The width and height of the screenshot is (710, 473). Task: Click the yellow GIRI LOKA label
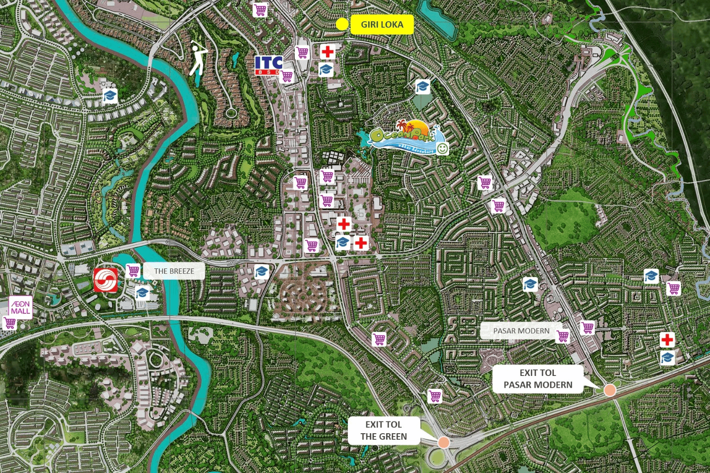tap(382, 25)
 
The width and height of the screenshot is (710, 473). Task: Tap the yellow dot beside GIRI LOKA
tap(342, 24)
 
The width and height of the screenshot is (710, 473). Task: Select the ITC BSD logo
tap(268, 65)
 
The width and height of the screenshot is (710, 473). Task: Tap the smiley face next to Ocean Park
tap(443, 149)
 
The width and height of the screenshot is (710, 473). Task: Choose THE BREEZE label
tap(174, 271)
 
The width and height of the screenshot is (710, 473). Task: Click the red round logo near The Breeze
tap(106, 280)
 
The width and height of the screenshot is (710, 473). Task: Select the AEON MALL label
tap(20, 307)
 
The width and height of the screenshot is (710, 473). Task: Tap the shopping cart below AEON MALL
tap(9, 323)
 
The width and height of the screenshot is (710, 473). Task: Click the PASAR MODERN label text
tap(521, 331)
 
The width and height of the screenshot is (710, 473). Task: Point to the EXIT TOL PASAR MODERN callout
tap(538, 379)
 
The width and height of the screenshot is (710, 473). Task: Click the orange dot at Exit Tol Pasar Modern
tap(610, 390)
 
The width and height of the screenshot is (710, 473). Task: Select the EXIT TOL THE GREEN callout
tap(383, 430)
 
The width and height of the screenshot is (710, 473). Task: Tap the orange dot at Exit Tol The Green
tap(444, 442)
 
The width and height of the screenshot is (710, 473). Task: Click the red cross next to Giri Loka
tap(328, 51)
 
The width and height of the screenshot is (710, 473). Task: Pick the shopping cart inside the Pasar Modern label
tap(563, 336)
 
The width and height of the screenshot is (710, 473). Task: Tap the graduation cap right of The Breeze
tap(261, 272)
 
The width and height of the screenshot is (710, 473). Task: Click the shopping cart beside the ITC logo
tap(287, 76)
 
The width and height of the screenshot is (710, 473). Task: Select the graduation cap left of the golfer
tap(110, 97)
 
